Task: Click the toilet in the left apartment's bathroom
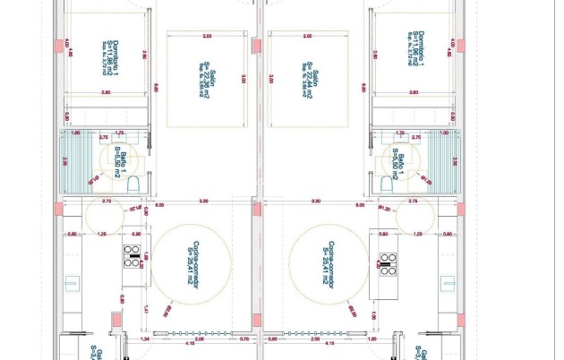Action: coord(133,184)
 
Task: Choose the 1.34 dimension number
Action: coord(145,340)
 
